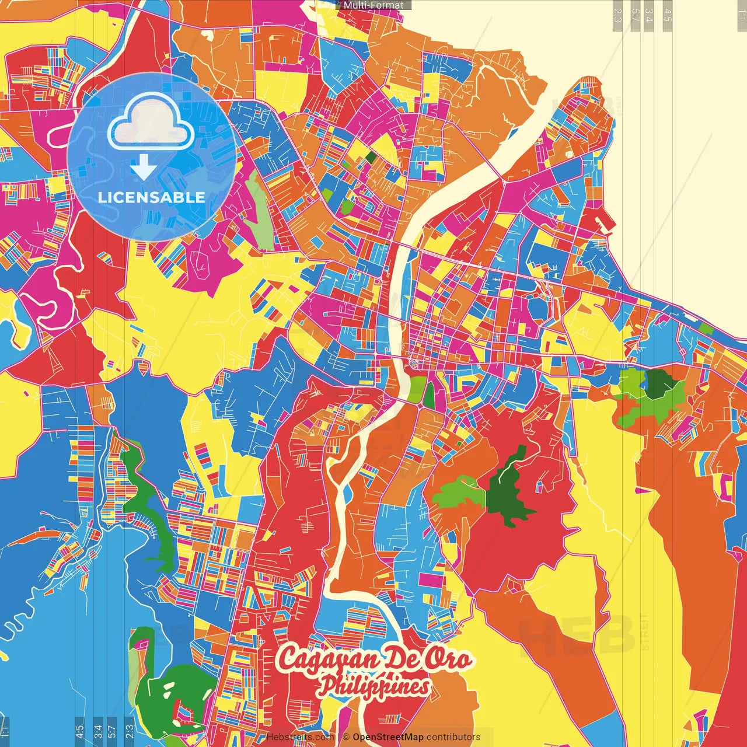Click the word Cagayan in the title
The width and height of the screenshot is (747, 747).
(x=320, y=659)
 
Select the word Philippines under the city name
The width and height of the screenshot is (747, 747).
(x=373, y=687)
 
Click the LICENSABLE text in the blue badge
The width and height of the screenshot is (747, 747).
(x=151, y=197)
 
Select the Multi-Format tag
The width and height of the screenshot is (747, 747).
(x=373, y=5)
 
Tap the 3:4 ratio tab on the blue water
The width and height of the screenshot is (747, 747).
(x=97, y=731)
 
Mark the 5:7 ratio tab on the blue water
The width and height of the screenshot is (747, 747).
(x=111, y=731)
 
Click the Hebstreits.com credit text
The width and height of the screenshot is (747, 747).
(x=300, y=737)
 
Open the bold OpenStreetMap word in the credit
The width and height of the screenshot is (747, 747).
(x=388, y=737)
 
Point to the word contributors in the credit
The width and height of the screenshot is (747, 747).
(x=453, y=737)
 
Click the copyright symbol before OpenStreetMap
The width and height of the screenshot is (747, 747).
(x=345, y=737)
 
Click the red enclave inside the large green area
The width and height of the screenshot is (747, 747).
(x=186, y=713)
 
